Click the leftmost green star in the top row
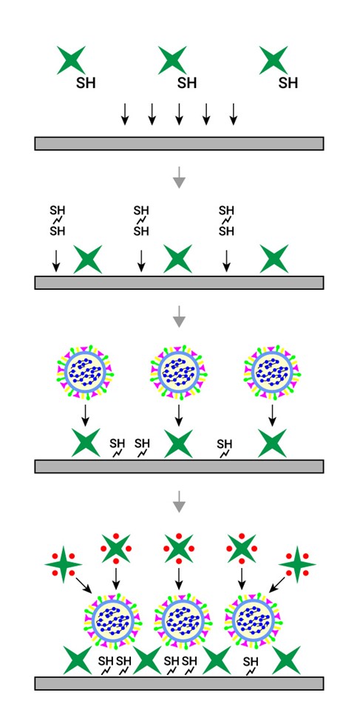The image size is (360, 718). [x=72, y=60]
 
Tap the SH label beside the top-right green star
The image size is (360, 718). [x=288, y=83]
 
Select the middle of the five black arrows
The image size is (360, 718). [x=179, y=114]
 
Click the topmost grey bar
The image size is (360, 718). [x=179, y=143]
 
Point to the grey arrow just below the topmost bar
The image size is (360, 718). [x=179, y=177]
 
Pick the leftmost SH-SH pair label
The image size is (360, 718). [x=57, y=220]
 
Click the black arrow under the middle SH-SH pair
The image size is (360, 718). [x=141, y=260]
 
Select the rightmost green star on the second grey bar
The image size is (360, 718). [x=274, y=260]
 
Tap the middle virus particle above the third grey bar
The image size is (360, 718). [x=179, y=371]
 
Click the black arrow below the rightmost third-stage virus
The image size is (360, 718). [x=273, y=415]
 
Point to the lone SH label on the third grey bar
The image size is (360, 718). [x=225, y=447]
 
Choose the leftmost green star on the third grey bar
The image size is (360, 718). [x=86, y=443]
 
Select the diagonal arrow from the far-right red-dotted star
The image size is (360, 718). [x=278, y=585]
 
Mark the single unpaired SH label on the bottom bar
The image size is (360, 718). [x=251, y=665]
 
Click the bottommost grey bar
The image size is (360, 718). [x=179, y=683]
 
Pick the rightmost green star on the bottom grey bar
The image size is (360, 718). [x=286, y=660]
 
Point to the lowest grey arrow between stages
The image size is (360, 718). [x=179, y=501]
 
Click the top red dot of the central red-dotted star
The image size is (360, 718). [x=179, y=536]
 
